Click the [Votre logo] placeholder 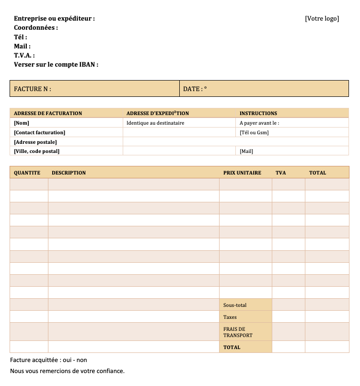click(322, 19)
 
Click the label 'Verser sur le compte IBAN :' click(56, 64)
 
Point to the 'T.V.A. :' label click(24, 55)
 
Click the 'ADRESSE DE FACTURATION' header click(48, 113)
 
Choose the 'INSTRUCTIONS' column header click(258, 113)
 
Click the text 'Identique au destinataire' click(155, 123)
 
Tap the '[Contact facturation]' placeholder click(40, 132)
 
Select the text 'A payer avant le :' click(259, 123)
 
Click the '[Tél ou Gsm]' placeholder click(254, 132)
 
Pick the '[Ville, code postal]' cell click(37, 151)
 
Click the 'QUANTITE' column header click(27, 173)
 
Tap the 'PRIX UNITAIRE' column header click(242, 173)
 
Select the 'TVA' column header click(280, 173)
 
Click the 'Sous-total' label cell click(235, 305)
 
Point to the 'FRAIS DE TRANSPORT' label click(234, 332)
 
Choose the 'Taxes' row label click(230, 317)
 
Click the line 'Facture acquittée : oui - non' click(48, 360)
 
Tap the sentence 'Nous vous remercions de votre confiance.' click(67, 371)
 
